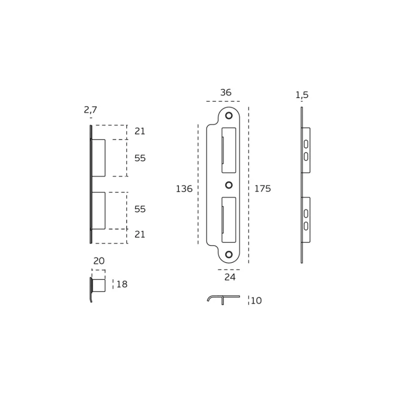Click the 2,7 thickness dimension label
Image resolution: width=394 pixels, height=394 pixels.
pyautogui.click(x=90, y=110)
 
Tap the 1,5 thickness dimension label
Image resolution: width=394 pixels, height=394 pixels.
pyautogui.click(x=302, y=95)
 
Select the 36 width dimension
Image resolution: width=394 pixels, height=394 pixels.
pyautogui.click(x=226, y=93)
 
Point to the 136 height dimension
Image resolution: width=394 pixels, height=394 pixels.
pyautogui.click(x=184, y=188)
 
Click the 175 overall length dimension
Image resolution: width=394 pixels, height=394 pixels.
pyautogui.click(x=262, y=188)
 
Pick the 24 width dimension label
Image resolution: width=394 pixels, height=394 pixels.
pyautogui.click(x=230, y=277)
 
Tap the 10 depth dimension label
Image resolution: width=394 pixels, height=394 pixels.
pyautogui.click(x=256, y=300)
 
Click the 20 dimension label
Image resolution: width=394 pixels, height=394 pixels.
pyautogui.click(x=99, y=261)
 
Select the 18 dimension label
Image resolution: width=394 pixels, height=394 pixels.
pyautogui.click(x=122, y=284)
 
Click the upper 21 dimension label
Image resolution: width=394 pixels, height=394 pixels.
pyautogui.click(x=140, y=131)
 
